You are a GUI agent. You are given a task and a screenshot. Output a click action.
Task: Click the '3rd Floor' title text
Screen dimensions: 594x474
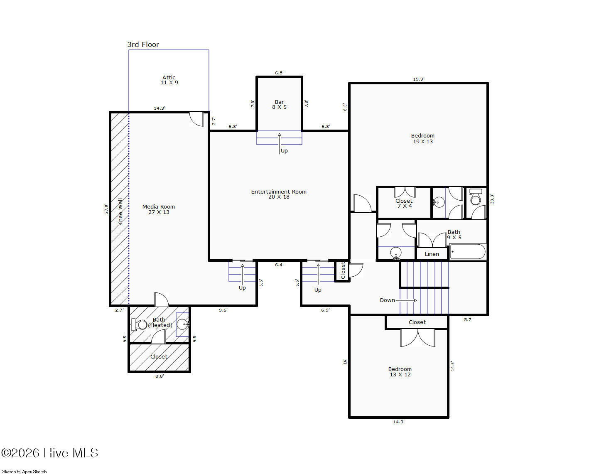143,44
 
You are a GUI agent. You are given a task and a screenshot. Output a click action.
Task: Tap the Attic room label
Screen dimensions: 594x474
169,80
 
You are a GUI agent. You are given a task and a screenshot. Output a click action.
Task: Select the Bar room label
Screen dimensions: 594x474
279,104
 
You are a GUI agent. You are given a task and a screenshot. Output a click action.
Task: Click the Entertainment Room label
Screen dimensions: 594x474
279,194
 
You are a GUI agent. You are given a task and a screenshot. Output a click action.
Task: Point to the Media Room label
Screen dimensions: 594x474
158,209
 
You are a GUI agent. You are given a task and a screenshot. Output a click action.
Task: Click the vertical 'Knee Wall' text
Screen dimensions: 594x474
120,212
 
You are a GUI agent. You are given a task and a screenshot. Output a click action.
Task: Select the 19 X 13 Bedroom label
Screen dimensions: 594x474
422,138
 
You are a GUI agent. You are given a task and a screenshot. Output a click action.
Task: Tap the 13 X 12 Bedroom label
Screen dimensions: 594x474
400,371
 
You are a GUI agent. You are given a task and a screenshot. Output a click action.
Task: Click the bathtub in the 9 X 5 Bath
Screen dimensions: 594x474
468,251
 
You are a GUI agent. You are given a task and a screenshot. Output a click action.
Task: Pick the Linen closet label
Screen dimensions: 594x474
432,254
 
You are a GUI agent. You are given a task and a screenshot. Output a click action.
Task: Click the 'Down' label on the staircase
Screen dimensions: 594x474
387,300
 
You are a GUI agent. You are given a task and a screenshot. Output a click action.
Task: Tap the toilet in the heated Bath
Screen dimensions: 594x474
140,324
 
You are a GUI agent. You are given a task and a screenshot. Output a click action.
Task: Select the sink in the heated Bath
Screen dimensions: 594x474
182,324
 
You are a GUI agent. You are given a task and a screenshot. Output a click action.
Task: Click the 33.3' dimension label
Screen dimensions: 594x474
492,199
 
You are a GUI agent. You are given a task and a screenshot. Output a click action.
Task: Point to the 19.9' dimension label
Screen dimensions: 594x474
418,79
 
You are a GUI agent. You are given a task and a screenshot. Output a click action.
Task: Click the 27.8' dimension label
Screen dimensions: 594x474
106,209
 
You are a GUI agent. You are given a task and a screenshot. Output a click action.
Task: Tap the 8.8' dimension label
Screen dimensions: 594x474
159,376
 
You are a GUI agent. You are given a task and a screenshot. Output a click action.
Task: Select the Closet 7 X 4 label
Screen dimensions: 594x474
404,203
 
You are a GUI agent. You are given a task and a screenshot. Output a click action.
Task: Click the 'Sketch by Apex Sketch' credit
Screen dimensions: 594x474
24,472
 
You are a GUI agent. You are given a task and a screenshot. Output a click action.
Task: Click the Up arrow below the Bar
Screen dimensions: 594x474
280,144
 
